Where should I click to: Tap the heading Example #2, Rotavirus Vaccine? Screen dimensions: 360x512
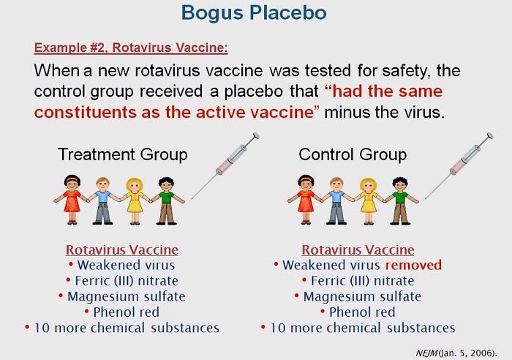point(130,48)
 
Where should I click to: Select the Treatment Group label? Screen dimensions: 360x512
point(122,155)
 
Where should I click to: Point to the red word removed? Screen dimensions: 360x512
point(414,265)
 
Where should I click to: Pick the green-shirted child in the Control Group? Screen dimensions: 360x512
point(399,200)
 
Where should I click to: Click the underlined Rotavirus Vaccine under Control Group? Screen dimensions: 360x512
point(358,250)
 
